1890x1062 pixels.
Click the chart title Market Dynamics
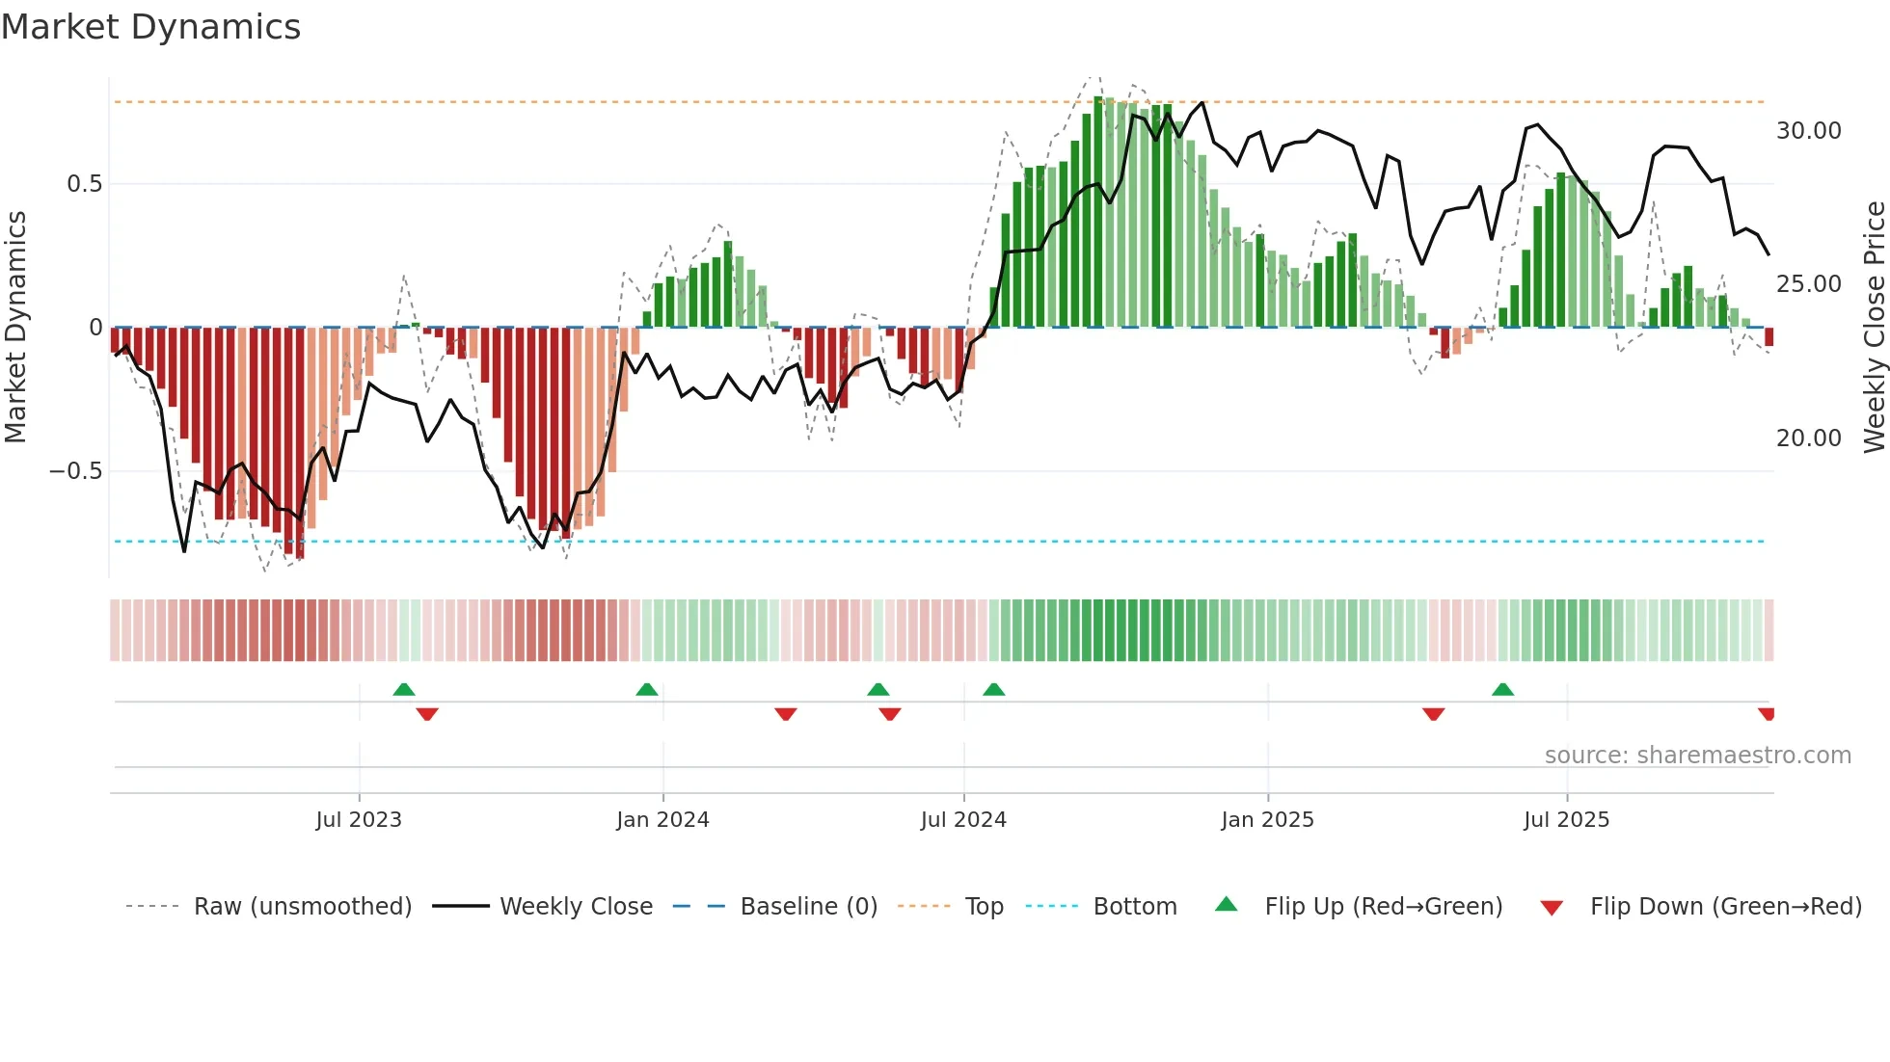(151, 27)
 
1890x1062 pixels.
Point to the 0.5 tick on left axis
(84, 184)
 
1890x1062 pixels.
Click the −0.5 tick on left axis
(76, 471)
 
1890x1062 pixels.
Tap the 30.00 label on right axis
(1808, 131)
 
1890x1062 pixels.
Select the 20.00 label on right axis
(1808, 438)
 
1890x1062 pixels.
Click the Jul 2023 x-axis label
(359, 820)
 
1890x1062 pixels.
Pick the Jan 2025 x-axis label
(1267, 820)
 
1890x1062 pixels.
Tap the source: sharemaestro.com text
(1697, 756)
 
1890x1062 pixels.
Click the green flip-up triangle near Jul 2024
(993, 690)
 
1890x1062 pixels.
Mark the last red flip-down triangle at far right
(1766, 714)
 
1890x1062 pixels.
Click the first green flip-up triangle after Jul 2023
(404, 690)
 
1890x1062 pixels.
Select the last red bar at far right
(1768, 336)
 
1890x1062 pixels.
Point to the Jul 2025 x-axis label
(1566, 820)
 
